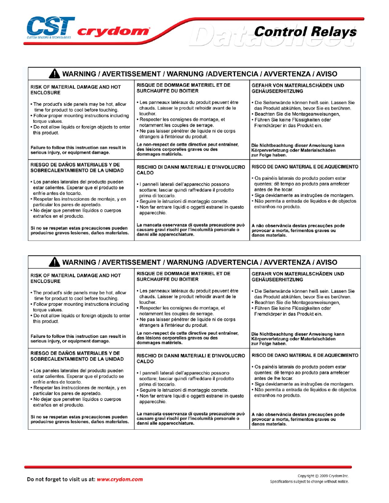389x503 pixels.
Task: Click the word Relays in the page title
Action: pyautogui.click(x=331, y=31)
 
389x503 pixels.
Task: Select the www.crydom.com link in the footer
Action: pyautogui.click(x=120, y=480)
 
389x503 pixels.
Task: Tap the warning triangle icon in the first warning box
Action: pyautogui.click(x=54, y=74)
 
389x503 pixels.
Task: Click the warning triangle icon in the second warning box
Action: pyautogui.click(x=54, y=263)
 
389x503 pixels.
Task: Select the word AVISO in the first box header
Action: pyautogui.click(x=327, y=74)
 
